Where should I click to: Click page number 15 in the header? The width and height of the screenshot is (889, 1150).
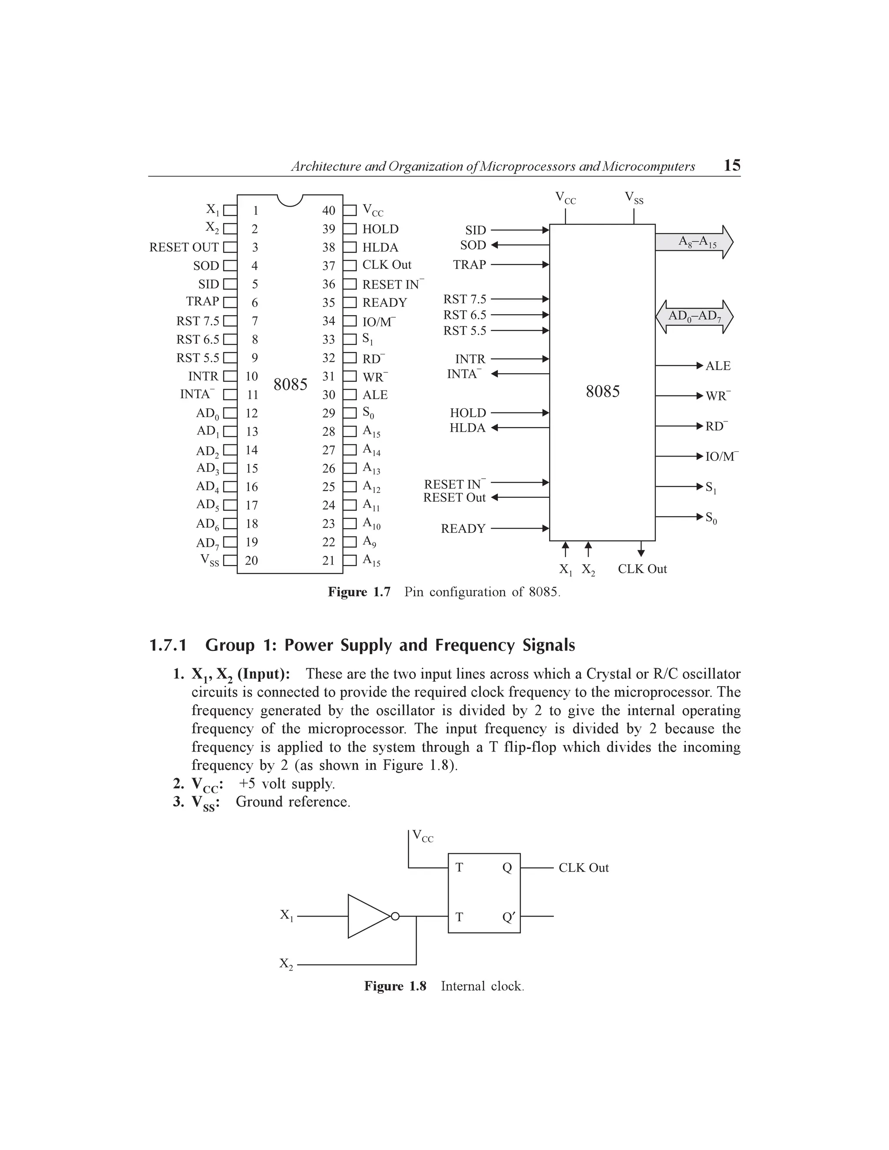pos(732,166)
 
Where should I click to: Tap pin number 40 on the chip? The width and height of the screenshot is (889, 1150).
pos(329,210)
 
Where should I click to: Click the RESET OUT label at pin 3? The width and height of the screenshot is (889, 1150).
pos(184,247)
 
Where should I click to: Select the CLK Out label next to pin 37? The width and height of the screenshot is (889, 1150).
pos(387,265)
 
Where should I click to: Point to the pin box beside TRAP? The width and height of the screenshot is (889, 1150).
pos(230,302)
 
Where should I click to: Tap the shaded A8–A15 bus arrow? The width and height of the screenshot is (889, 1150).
pos(694,242)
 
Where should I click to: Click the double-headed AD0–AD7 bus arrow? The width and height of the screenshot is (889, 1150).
pos(694,316)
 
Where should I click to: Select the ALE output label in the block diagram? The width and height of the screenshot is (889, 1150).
pos(718,366)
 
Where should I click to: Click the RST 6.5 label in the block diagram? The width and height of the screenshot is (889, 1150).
pos(464,315)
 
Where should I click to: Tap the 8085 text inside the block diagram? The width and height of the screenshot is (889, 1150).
pos(603,392)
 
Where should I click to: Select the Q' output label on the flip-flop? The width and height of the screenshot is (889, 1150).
pos(508,917)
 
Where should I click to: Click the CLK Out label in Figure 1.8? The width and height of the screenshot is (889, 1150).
pos(583,868)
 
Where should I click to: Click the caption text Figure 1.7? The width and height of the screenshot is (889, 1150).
pos(359,592)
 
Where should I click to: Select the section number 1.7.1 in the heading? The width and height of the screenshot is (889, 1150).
pos(168,645)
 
